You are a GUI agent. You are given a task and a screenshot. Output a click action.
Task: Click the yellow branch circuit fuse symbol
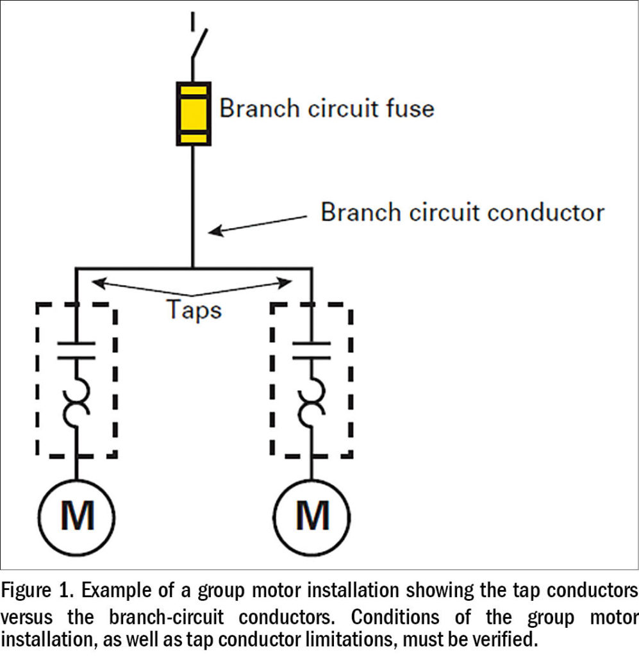(x=194, y=113)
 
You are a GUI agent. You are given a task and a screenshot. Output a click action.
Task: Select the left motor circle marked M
(x=77, y=516)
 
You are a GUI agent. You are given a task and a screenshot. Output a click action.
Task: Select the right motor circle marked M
(x=312, y=516)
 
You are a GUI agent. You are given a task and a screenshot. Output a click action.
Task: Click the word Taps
(x=194, y=309)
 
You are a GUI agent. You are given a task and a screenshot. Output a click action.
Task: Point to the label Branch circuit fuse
(x=326, y=108)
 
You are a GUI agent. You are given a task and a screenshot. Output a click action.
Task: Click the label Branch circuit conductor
(x=462, y=211)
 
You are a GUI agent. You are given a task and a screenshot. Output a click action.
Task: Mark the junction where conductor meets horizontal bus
(x=194, y=268)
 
